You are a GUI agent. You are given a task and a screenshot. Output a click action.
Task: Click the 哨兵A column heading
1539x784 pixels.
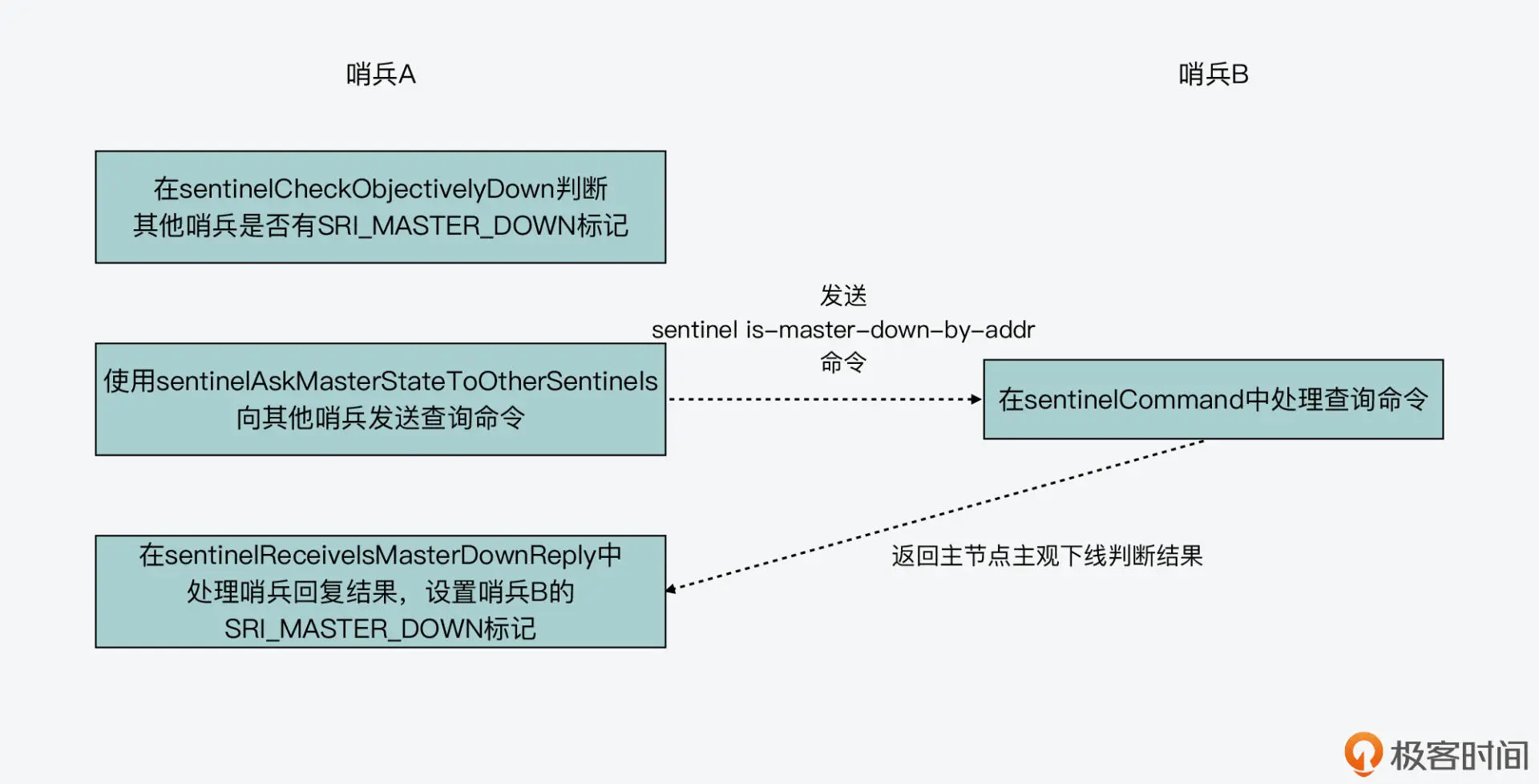click(x=381, y=75)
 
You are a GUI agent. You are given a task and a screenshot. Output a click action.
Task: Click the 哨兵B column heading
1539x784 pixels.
click(x=1213, y=75)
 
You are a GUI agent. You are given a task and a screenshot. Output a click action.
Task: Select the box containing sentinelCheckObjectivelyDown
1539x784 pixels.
click(x=380, y=207)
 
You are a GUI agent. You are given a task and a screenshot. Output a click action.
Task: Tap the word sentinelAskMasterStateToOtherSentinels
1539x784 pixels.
click(x=406, y=381)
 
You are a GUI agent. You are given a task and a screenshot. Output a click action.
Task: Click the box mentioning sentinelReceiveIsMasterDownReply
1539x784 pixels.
click(x=380, y=592)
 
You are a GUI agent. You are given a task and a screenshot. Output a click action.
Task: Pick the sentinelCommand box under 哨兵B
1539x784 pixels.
click(x=1213, y=399)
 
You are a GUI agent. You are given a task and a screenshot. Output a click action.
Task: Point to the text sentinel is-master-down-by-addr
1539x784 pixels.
click(x=842, y=329)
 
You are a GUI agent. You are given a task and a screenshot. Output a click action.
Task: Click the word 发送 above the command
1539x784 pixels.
click(x=842, y=296)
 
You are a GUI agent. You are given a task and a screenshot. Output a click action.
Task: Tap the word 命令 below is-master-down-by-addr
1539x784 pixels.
click(x=842, y=362)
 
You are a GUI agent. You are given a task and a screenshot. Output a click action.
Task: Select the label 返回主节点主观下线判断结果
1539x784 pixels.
click(x=1047, y=556)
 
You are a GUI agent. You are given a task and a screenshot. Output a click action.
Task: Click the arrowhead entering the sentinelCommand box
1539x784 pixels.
click(x=976, y=399)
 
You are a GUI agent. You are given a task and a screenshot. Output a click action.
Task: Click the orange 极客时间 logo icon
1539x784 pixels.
click(x=1363, y=754)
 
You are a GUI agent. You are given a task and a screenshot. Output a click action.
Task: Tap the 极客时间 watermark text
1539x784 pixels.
click(x=1459, y=756)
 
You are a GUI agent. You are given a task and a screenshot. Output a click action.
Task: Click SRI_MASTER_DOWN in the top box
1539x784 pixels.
click(x=446, y=226)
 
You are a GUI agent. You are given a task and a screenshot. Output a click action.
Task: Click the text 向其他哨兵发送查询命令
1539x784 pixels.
click(x=380, y=418)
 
